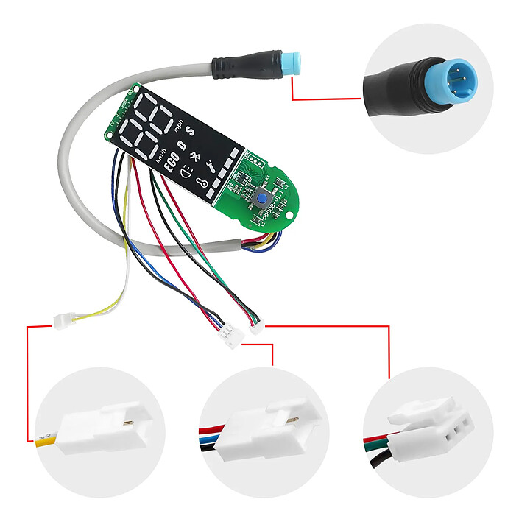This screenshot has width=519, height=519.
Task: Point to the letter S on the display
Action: point(190,132)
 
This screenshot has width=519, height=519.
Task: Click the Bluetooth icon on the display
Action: point(195,157)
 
